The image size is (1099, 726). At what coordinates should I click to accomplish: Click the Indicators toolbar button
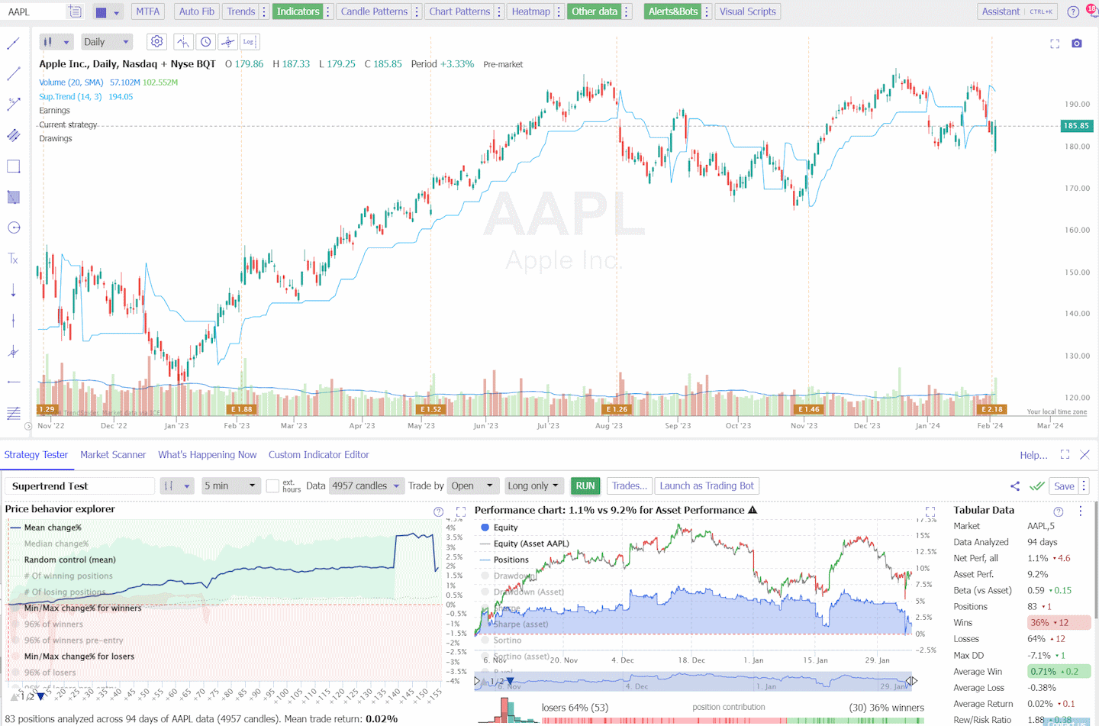tap(298, 11)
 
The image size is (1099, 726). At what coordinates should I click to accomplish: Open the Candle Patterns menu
tap(374, 11)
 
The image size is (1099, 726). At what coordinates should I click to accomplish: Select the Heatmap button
tap(530, 11)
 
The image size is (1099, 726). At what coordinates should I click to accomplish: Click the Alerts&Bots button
tap(672, 11)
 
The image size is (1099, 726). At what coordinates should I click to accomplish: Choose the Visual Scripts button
tap(747, 11)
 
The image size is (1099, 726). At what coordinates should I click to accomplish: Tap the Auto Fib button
tap(197, 11)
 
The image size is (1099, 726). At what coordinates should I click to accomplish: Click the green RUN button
tap(585, 486)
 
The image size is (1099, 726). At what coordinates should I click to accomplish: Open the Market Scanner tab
tap(113, 454)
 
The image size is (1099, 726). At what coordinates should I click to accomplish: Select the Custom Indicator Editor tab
tap(318, 454)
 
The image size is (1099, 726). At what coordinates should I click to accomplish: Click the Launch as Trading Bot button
tap(707, 486)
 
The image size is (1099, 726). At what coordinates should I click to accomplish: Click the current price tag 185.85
tap(1076, 126)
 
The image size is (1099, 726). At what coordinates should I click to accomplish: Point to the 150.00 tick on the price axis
tap(1077, 272)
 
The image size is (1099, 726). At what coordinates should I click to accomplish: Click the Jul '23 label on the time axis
tap(548, 426)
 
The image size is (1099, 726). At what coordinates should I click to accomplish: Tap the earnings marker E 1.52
tap(430, 409)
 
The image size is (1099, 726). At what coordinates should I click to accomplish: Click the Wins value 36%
tap(1039, 623)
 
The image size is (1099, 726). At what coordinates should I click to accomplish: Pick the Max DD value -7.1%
tap(1039, 655)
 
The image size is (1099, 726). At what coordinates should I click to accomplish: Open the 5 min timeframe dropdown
tap(230, 486)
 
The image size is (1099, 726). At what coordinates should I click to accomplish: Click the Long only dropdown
tap(533, 486)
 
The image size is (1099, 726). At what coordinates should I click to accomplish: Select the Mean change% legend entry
tap(53, 528)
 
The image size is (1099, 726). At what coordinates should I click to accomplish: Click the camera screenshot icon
tap(1077, 44)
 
